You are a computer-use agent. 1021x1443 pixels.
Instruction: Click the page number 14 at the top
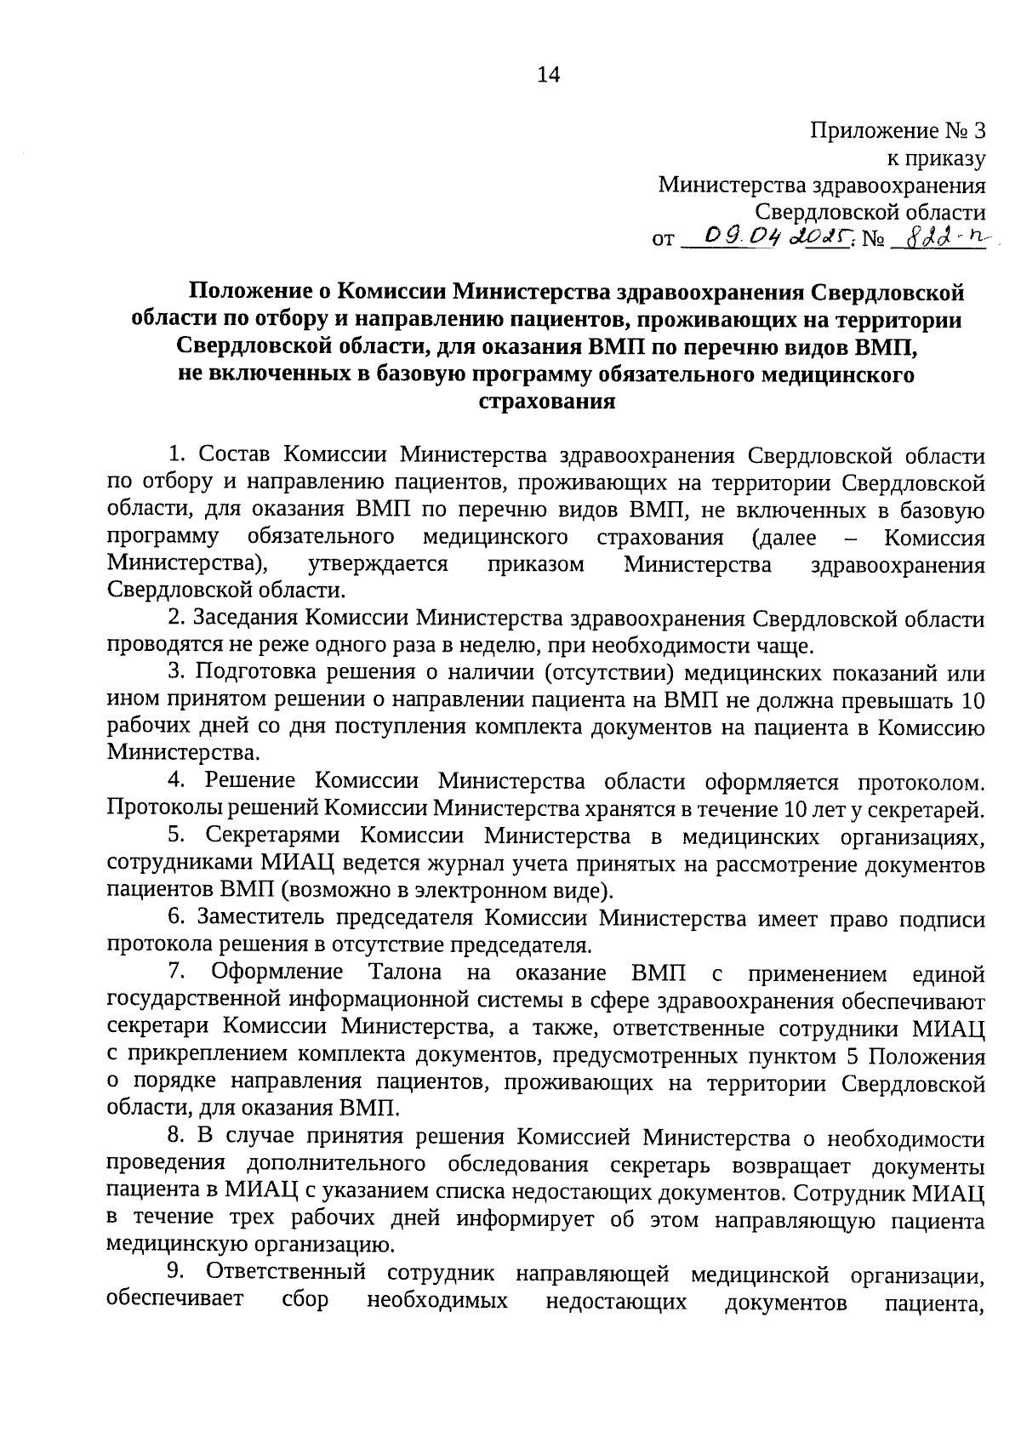[549, 75]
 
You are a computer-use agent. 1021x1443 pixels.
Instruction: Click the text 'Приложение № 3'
[898, 131]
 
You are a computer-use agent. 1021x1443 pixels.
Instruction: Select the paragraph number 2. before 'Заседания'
[177, 619]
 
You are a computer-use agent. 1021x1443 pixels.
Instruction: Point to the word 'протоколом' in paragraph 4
[920, 782]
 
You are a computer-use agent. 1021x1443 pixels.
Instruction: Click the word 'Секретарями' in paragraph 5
[273, 836]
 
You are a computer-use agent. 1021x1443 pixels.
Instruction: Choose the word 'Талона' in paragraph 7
[405, 972]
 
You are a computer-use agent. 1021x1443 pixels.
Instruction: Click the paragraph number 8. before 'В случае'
[177, 1138]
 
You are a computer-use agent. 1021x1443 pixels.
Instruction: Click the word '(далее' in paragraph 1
[784, 538]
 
